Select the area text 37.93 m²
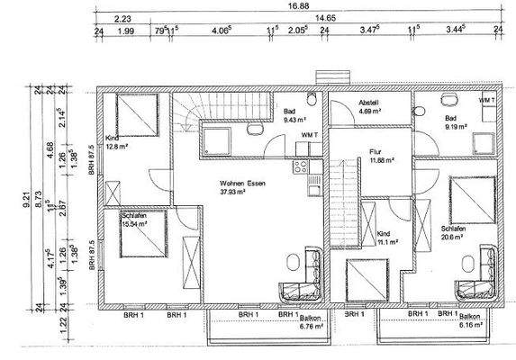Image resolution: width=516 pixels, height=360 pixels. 238,192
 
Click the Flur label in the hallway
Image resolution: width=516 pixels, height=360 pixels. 376,152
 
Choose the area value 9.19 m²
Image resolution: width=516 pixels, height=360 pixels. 454,126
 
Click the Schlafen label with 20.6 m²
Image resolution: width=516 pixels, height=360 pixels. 453,229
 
